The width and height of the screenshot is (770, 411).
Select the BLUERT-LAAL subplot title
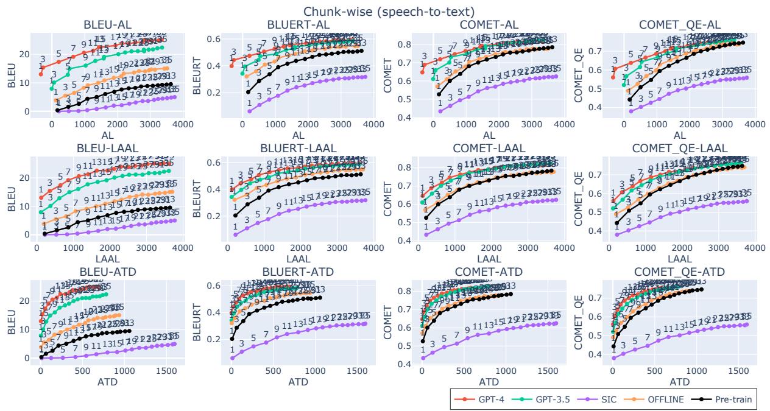pos(299,148)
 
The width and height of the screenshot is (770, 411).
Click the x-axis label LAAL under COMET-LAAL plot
pos(490,259)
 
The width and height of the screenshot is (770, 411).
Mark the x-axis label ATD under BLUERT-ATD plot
pos(299,382)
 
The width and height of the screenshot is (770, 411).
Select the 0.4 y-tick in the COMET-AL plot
pos(403,117)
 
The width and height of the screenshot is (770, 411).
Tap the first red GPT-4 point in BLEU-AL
pos(41,74)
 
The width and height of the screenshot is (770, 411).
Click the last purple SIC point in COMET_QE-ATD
pos(746,324)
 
